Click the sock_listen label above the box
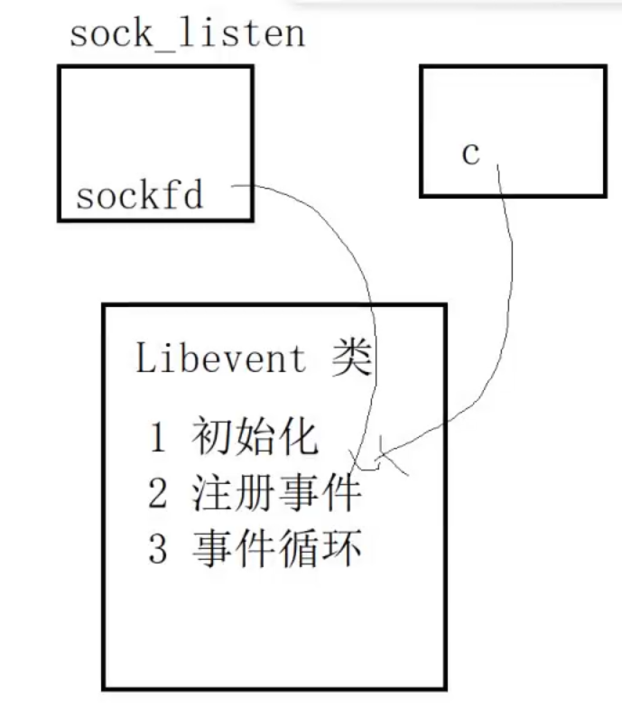pyautogui.click(x=187, y=35)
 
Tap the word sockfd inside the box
pyautogui.click(x=140, y=195)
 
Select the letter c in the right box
pyautogui.click(x=470, y=154)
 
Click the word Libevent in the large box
pyautogui.click(x=221, y=358)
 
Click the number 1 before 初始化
pyautogui.click(x=158, y=439)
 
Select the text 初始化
pyautogui.click(x=255, y=438)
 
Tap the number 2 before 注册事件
pyautogui.click(x=158, y=494)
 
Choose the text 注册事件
pyautogui.click(x=276, y=494)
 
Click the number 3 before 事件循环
pyautogui.click(x=158, y=549)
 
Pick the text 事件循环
pyautogui.click(x=276, y=549)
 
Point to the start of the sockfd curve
pyautogui.click(x=234, y=186)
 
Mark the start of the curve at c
pyautogui.click(x=496, y=165)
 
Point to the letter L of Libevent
pyautogui.click(x=145, y=358)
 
